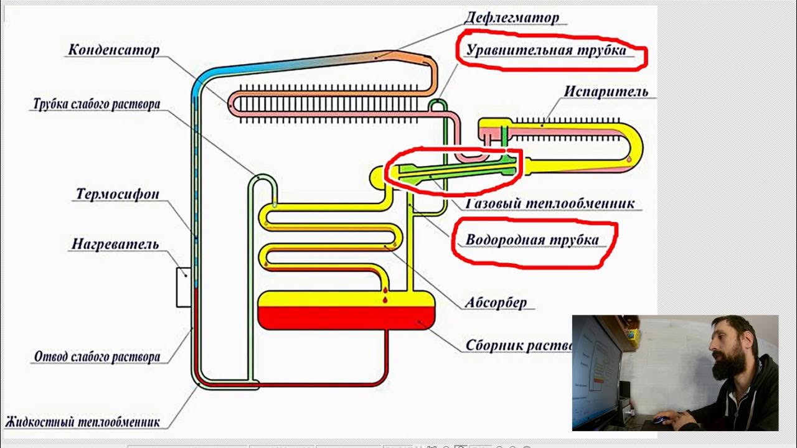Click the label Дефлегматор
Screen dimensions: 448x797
(x=511, y=17)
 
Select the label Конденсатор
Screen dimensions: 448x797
(x=113, y=50)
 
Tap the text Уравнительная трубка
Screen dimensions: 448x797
(x=546, y=50)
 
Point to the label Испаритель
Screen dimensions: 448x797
(x=606, y=91)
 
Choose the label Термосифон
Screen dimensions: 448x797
(x=117, y=194)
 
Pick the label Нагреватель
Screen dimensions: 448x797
(x=115, y=244)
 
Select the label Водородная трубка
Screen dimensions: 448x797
(x=532, y=240)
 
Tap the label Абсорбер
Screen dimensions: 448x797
(x=496, y=303)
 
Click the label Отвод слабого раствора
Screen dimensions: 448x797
(x=97, y=357)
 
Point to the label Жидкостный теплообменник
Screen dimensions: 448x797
(x=82, y=422)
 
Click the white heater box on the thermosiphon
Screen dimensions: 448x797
(x=183, y=287)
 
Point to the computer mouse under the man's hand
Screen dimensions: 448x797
(x=659, y=420)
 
